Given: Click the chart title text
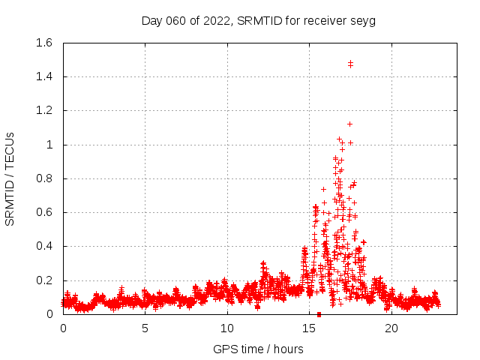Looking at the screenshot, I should [x=258, y=20].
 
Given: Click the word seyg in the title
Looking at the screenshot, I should [x=363, y=20].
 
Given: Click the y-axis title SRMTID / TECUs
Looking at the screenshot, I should [x=10, y=178].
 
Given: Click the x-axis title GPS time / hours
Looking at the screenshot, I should [x=258, y=349].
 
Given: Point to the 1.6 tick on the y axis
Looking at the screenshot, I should [x=44, y=43].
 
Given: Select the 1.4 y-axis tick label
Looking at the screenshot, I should [x=44, y=76].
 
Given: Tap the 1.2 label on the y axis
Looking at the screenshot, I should [x=44, y=110].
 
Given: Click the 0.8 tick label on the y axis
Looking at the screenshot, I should [x=44, y=178].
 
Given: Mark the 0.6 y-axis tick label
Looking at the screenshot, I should [x=44, y=212].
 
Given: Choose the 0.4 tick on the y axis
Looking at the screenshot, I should [x=44, y=246].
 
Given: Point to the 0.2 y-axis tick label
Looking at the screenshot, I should [x=44, y=280].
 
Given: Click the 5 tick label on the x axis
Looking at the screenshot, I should [x=145, y=328].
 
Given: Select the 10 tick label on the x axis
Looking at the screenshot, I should [x=227, y=328].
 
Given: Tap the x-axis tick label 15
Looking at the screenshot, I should [x=309, y=328].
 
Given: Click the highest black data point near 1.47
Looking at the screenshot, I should [x=350, y=63].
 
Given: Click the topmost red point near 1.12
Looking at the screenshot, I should [x=349, y=124].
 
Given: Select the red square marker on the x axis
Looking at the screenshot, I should [x=319, y=313].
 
